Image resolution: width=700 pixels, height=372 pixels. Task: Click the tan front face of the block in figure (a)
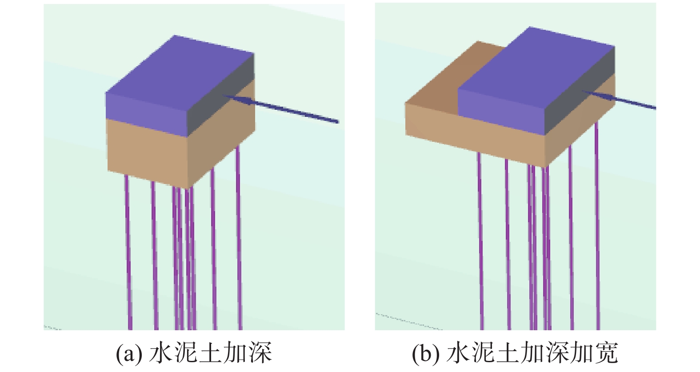pos(147,153)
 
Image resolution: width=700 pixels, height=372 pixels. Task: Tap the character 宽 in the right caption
pos(607,353)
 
